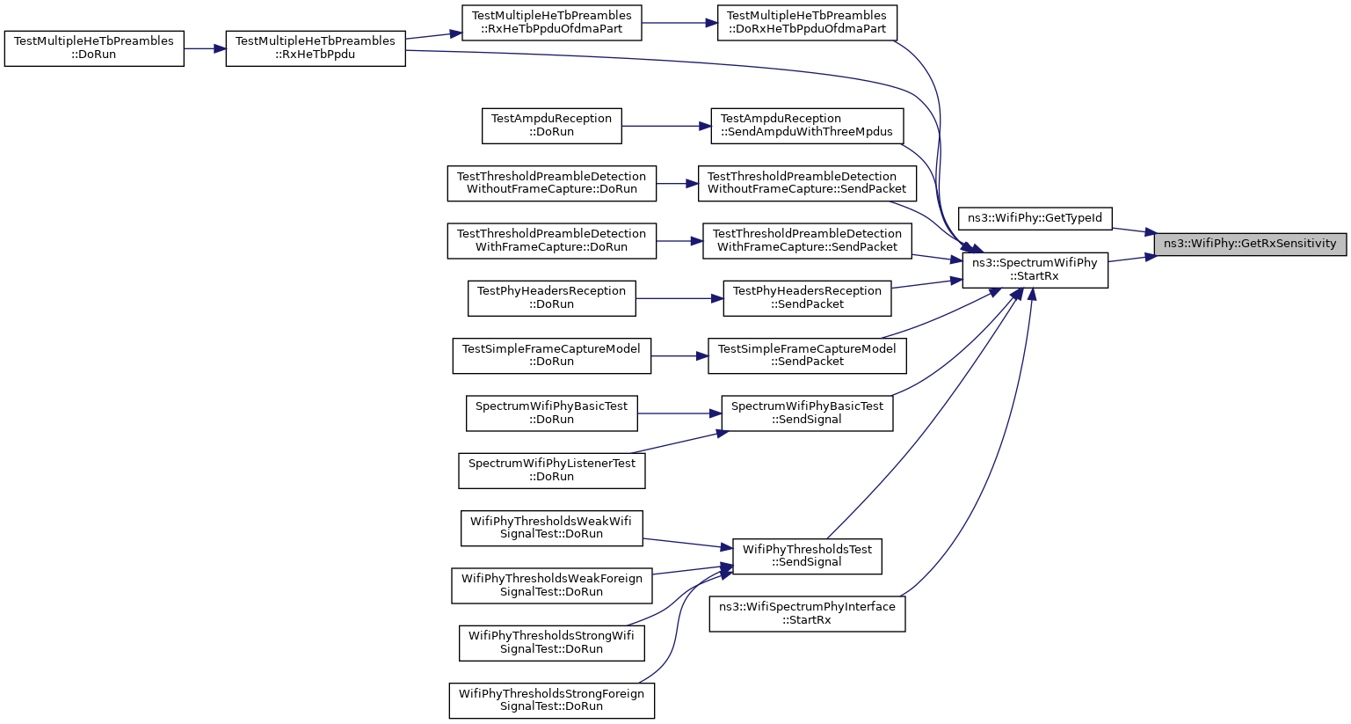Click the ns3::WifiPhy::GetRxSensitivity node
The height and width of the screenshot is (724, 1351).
(1250, 244)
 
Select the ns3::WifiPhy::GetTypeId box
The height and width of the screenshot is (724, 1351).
(1035, 218)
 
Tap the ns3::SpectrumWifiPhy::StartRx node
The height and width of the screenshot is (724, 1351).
(1035, 270)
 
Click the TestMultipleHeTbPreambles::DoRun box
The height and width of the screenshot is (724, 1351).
(94, 48)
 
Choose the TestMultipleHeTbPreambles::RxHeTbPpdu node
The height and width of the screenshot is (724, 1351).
(316, 48)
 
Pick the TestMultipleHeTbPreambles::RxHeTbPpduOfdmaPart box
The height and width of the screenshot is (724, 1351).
(552, 23)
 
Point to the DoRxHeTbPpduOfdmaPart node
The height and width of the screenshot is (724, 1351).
(807, 23)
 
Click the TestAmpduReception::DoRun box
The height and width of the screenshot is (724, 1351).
(552, 126)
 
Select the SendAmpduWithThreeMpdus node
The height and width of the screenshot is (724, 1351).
(807, 126)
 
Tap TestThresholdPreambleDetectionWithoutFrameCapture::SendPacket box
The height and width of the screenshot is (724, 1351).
(807, 184)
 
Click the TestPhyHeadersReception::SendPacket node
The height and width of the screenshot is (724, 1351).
(807, 298)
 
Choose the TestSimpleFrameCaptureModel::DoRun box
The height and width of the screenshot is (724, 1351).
(552, 355)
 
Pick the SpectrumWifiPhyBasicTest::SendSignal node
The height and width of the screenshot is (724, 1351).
(807, 413)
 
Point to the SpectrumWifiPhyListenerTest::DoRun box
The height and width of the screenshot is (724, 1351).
(552, 471)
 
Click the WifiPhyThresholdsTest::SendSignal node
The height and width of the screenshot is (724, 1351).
(807, 556)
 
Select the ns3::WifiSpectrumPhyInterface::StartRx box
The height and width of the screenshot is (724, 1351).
(807, 614)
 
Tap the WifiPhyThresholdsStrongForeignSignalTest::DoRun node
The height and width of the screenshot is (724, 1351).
(552, 700)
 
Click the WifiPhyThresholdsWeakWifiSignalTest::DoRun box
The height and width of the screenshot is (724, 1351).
(552, 529)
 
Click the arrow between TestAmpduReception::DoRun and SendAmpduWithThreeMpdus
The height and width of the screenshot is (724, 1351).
(666, 126)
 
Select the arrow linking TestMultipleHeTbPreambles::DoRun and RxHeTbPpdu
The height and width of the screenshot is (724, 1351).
(205, 48)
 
